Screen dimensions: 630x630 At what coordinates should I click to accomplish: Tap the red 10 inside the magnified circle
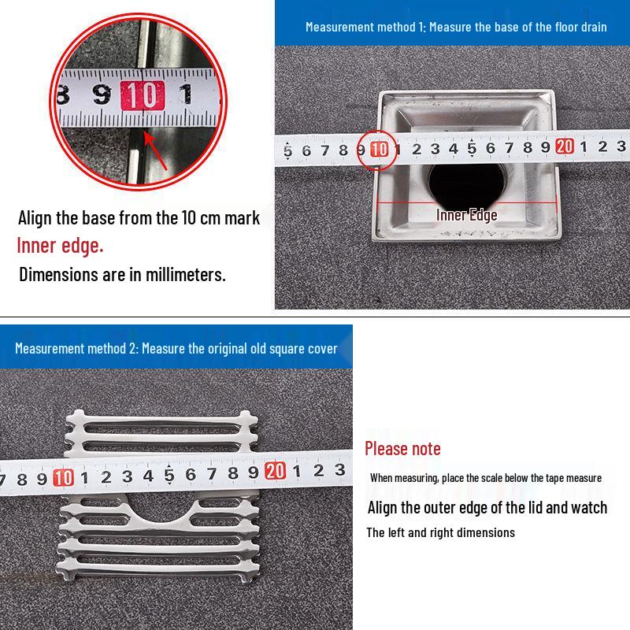(142, 95)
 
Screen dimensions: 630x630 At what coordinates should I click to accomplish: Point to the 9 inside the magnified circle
(101, 95)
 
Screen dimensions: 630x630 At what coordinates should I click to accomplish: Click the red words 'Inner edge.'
(60, 246)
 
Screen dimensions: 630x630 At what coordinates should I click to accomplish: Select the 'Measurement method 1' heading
(456, 27)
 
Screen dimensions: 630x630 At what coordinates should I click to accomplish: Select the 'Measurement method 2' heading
(176, 348)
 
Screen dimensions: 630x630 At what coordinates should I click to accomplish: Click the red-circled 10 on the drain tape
(379, 148)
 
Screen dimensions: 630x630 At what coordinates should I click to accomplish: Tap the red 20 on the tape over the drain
(564, 146)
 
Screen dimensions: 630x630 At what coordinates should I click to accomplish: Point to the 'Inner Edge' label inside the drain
(467, 215)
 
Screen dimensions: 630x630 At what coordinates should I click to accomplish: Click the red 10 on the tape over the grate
(63, 477)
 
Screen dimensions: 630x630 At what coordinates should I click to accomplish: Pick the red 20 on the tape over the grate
(274, 471)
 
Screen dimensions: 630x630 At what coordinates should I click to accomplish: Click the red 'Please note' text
(402, 449)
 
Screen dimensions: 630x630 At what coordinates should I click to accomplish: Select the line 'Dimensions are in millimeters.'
(122, 275)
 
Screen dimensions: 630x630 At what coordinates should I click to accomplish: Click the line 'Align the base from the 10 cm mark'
(139, 217)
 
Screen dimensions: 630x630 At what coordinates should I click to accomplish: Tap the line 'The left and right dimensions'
(440, 532)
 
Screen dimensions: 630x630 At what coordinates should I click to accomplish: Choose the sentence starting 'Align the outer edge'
(487, 507)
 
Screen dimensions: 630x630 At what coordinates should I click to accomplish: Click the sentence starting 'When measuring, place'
(486, 477)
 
